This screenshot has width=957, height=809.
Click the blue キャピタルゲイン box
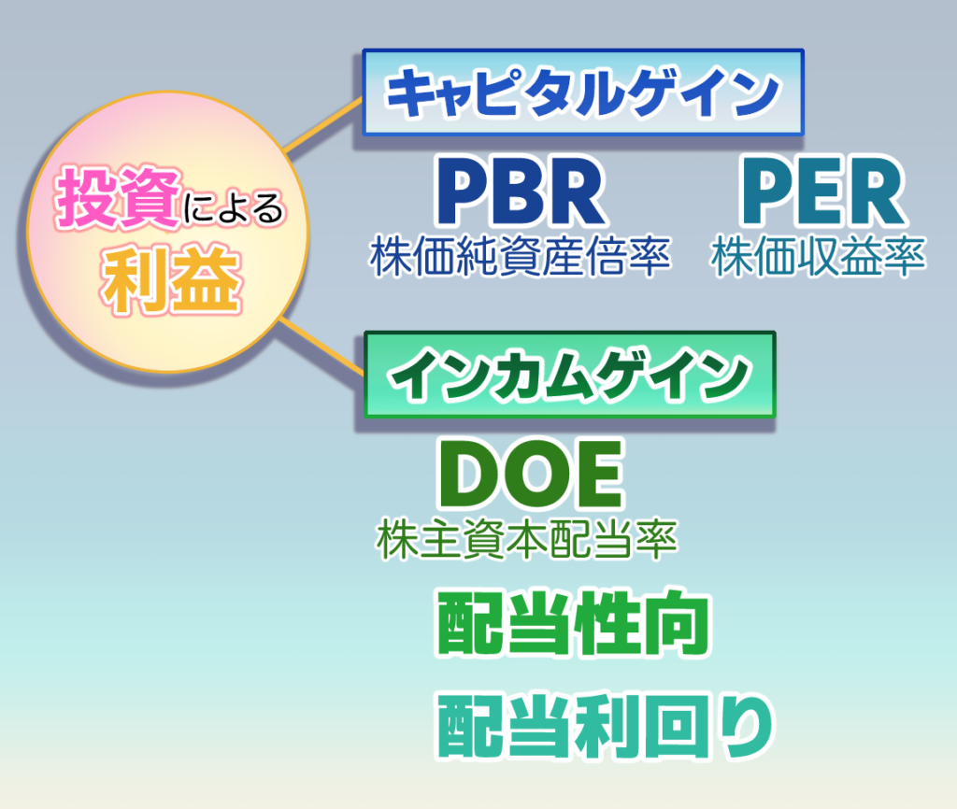(x=583, y=92)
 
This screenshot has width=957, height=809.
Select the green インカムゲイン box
(x=569, y=375)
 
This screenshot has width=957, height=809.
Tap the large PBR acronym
(x=521, y=191)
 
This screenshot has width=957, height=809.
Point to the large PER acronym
(x=822, y=191)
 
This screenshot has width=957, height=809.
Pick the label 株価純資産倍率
(x=521, y=256)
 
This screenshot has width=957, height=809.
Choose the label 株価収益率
(x=819, y=256)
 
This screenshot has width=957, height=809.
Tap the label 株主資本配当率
(x=527, y=539)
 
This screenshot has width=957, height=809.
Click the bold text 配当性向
(x=574, y=623)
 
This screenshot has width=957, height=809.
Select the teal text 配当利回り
(x=605, y=726)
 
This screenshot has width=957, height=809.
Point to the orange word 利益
(x=172, y=280)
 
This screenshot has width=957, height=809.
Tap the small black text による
(x=234, y=208)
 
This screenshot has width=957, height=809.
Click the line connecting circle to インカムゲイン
(x=321, y=346)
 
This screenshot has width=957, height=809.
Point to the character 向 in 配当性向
(x=678, y=623)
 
